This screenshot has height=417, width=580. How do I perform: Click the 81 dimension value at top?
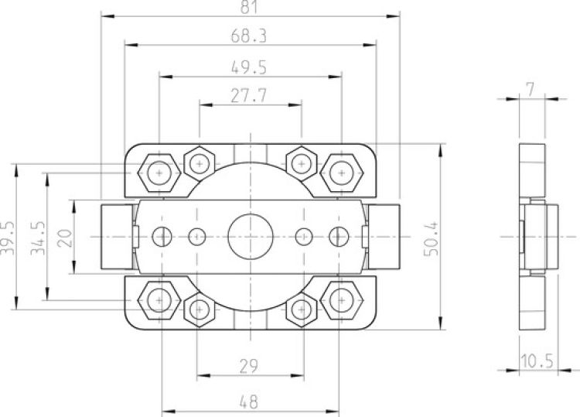(249, 7)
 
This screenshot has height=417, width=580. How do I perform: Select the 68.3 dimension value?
(249, 36)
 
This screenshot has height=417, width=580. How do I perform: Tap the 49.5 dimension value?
(249, 67)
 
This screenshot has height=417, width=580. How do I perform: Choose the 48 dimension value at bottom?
(249, 402)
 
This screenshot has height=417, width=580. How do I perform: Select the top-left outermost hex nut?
(159, 172)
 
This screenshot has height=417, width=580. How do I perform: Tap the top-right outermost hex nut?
(340, 172)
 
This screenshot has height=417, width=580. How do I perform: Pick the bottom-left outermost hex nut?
(159, 299)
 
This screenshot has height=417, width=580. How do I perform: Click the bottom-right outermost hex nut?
(340, 299)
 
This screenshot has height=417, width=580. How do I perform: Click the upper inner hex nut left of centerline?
(200, 163)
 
